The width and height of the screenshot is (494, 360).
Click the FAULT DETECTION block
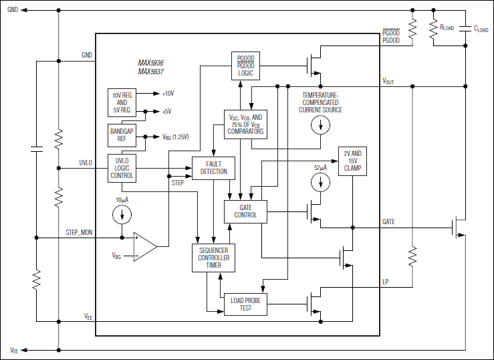pos(214,167)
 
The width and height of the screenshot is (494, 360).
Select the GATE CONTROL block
pos(245,211)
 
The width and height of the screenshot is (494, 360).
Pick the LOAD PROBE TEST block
pos(245,304)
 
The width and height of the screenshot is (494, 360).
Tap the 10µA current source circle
pos(122,214)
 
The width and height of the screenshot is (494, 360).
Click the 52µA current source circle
pos(322,182)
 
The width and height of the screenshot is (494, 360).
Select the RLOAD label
pos(447,28)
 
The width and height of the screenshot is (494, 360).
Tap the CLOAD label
pos(481,29)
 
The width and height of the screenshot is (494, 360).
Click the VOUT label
pos(388,81)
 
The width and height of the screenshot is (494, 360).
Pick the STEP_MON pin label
pos(81,232)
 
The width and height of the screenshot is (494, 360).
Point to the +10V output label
pos(167,94)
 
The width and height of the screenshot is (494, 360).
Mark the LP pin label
pos(385,282)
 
